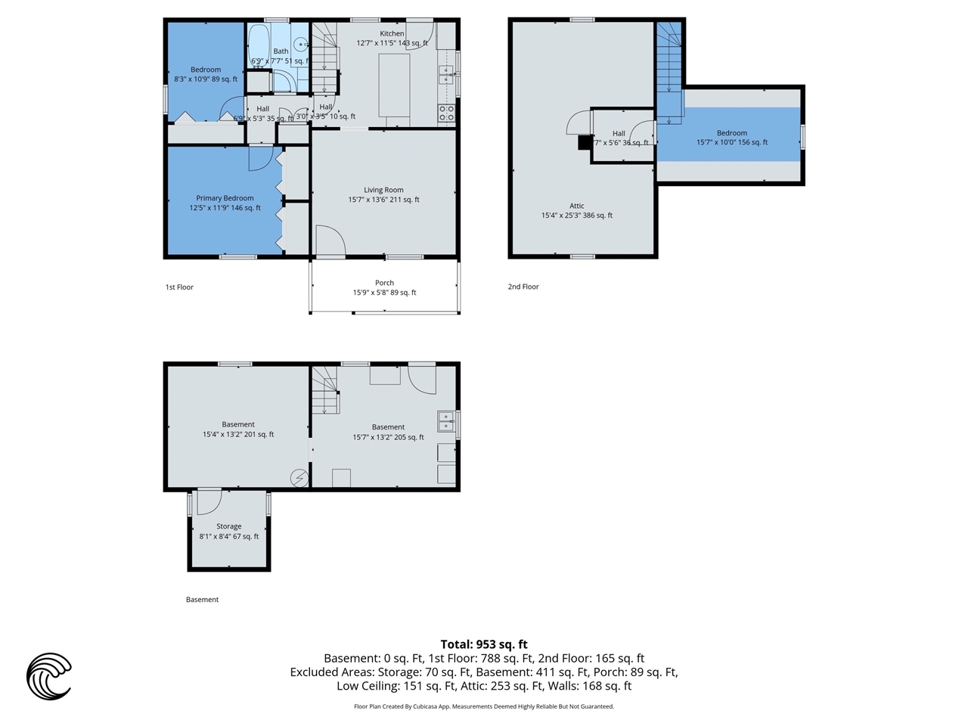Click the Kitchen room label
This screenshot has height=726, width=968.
(x=392, y=34)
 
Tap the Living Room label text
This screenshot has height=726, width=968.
(x=383, y=191)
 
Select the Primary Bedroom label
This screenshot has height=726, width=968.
(x=225, y=199)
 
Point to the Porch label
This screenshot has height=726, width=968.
(x=384, y=283)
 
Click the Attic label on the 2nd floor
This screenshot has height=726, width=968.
(x=577, y=206)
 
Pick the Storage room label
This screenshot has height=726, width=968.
(x=228, y=526)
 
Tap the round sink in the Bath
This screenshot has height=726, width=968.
(x=300, y=45)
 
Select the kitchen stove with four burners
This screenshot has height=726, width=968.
(x=447, y=113)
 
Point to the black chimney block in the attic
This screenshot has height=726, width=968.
(x=584, y=142)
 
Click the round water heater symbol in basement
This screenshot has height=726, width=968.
(x=300, y=478)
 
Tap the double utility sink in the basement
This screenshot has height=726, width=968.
(x=445, y=421)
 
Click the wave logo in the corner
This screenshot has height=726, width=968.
(x=49, y=676)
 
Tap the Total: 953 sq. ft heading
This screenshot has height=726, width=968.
(x=484, y=644)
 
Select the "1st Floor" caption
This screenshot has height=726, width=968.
(x=179, y=287)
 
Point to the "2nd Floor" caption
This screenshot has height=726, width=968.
(x=523, y=287)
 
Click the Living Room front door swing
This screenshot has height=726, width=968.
(x=330, y=241)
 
